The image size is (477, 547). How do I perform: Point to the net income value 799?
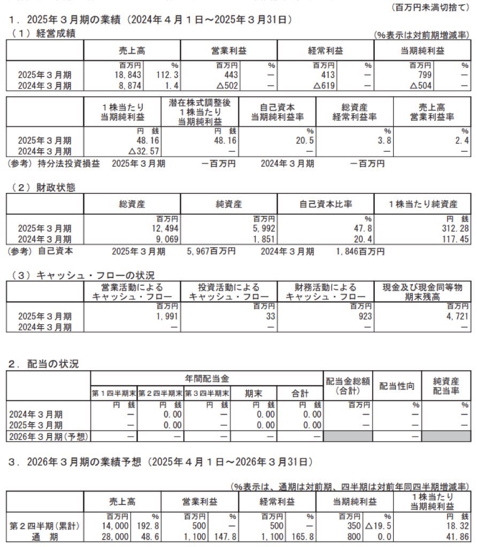point(420,75)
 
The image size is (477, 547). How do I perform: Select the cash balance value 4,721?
point(455,316)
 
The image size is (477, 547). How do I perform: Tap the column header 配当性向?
point(397,386)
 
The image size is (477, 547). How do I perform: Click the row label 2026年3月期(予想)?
point(48,436)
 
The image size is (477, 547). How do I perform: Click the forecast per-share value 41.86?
point(456,537)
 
